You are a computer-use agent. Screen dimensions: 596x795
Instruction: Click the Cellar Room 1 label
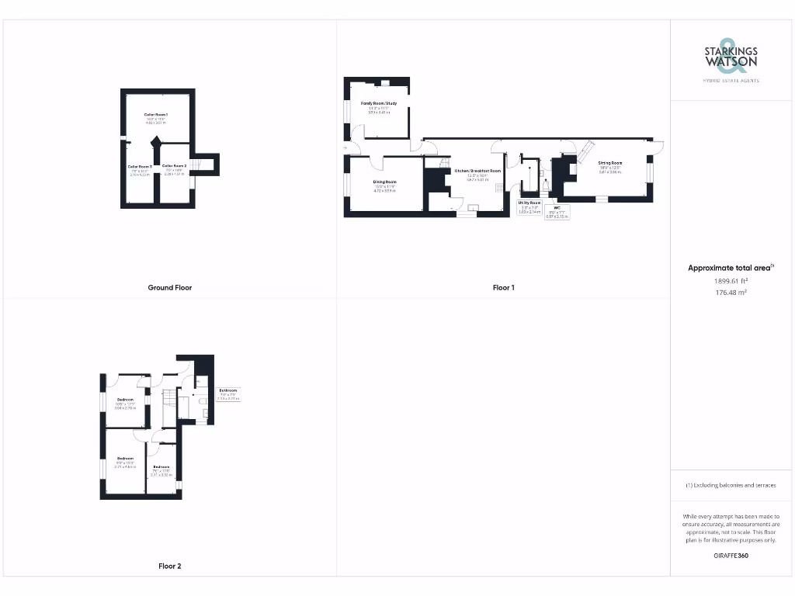pyautogui.click(x=156, y=115)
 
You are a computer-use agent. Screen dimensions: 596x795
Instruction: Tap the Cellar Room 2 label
pyautogui.click(x=174, y=166)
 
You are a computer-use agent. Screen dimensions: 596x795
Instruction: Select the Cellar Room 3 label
pyautogui.click(x=141, y=166)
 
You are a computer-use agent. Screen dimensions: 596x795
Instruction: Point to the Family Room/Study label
pyautogui.click(x=379, y=103)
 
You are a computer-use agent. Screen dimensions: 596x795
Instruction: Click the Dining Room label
pyautogui.click(x=384, y=182)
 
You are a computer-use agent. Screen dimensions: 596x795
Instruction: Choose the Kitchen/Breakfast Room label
pyautogui.click(x=477, y=170)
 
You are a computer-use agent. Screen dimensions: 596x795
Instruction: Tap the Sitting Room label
pyautogui.click(x=610, y=164)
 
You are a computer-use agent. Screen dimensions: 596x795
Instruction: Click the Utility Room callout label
pyautogui.click(x=529, y=203)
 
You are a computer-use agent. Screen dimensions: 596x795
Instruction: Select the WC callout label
pyautogui.click(x=557, y=207)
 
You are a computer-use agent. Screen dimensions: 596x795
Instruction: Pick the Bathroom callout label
pyautogui.click(x=227, y=390)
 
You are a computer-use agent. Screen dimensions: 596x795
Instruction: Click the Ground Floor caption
pyautogui.click(x=170, y=288)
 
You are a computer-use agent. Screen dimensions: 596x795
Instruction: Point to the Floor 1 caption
pyautogui.click(x=503, y=288)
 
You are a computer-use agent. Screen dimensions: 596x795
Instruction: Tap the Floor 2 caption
pyautogui.click(x=170, y=567)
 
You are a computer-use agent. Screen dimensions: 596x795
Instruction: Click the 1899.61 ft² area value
pyautogui.click(x=731, y=281)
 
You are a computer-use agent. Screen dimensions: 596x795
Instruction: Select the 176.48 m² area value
pyautogui.click(x=731, y=293)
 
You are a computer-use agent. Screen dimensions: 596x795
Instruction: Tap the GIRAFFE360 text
pyautogui.click(x=731, y=556)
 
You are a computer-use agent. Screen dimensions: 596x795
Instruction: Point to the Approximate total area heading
pyautogui.click(x=730, y=268)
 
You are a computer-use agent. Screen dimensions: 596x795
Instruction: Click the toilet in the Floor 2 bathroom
pyautogui.click(x=201, y=400)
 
